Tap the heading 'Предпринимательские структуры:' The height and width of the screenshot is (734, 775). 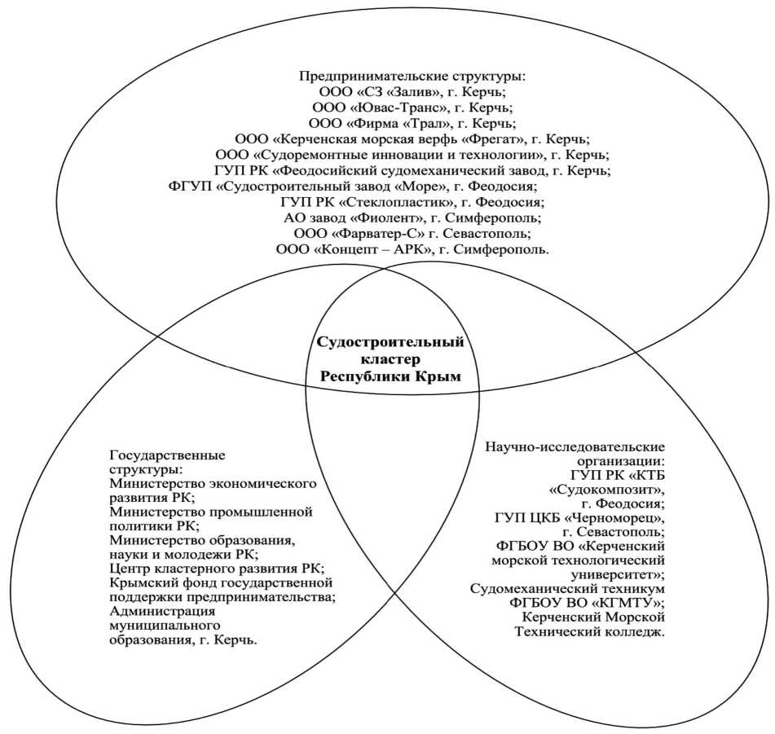click(x=413, y=77)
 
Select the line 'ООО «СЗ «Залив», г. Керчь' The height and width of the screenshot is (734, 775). click(x=413, y=91)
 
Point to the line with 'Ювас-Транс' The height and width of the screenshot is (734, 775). click(x=413, y=107)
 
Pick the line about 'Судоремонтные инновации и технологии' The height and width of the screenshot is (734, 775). click(x=413, y=154)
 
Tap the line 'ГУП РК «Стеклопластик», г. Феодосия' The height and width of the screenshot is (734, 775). click(x=413, y=201)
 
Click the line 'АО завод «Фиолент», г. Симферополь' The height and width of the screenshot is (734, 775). click(x=413, y=218)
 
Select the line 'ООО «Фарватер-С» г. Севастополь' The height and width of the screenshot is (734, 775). click(x=413, y=233)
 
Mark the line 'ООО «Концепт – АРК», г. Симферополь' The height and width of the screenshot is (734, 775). click(x=413, y=249)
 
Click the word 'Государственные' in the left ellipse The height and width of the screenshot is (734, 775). click(x=167, y=455)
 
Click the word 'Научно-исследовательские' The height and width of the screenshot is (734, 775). click(x=575, y=446)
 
